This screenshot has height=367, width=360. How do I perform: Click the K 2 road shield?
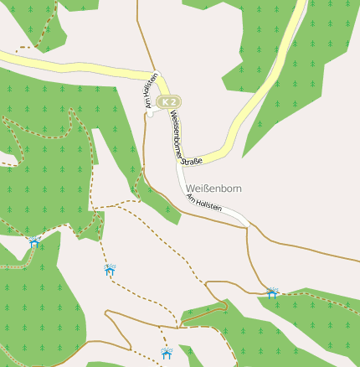coord(169,101)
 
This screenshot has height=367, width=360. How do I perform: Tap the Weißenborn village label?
coord(214,189)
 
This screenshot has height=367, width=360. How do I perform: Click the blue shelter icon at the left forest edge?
coord(34,241)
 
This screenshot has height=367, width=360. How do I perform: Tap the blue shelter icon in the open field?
coord(110,269)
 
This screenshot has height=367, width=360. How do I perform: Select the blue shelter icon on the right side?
coord(272,292)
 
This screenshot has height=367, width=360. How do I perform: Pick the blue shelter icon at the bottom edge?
coord(167,353)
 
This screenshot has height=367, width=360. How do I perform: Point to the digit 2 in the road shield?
coord(173,101)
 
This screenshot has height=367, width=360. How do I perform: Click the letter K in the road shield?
coord(165,101)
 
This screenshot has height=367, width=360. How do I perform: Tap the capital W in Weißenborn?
coord(192,189)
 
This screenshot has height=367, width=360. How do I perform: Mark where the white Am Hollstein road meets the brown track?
coord(248,226)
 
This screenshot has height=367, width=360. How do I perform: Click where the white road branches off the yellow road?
coord(178,161)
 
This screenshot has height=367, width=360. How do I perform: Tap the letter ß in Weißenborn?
coord(207,189)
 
